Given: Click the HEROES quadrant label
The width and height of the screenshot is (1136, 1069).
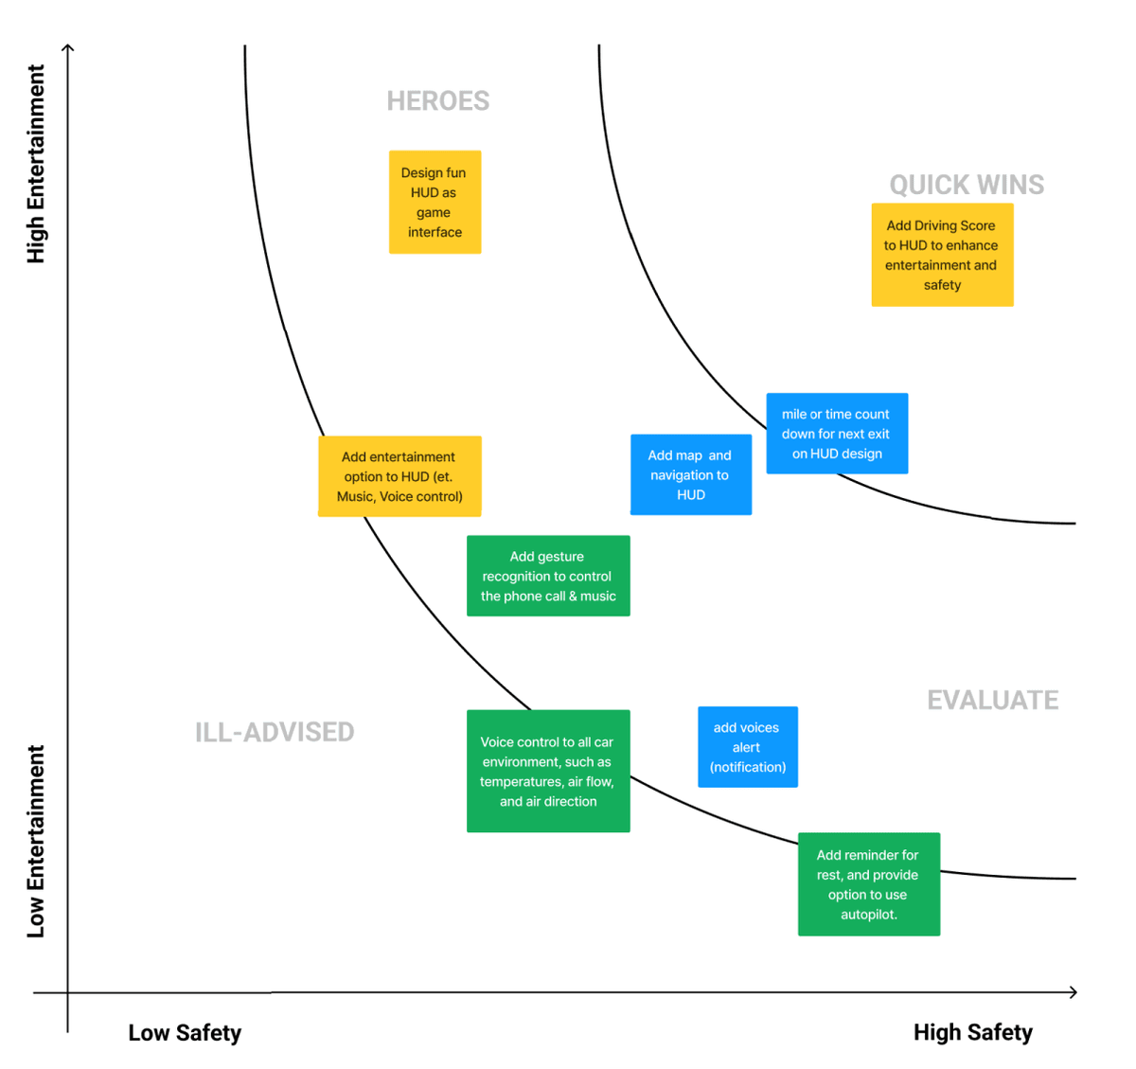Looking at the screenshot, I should (x=437, y=101).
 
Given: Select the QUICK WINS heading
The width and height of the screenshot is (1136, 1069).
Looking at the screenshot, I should (x=967, y=185).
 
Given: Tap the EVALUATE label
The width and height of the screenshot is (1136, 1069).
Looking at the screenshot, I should (x=992, y=700).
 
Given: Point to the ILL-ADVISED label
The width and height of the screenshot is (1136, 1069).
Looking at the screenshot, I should (x=275, y=732).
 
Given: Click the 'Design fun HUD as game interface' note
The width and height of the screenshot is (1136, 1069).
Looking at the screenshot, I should (x=435, y=202).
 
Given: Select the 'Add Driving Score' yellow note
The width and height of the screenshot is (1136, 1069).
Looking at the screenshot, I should (x=942, y=255).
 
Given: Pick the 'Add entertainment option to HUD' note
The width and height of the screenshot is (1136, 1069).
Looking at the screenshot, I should (x=399, y=476).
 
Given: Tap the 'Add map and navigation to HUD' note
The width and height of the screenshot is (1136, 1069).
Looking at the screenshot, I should (x=691, y=474).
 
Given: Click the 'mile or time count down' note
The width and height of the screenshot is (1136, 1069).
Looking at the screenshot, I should (x=837, y=434).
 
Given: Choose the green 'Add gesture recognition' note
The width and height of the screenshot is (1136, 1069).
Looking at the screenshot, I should (x=548, y=576).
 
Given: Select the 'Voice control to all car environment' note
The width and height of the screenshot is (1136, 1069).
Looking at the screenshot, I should (x=548, y=771).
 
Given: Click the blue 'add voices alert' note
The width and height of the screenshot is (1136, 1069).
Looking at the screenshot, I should (x=748, y=747).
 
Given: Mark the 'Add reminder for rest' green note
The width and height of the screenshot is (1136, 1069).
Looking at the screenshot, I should (x=869, y=884).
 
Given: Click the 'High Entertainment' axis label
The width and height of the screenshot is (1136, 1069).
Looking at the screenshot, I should (x=36, y=164).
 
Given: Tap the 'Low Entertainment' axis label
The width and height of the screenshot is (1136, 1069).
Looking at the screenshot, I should (x=36, y=841).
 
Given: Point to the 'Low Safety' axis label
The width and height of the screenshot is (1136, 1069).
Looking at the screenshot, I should (x=185, y=1033).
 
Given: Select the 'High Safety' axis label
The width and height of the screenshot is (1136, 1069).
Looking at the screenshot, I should (x=972, y=1032).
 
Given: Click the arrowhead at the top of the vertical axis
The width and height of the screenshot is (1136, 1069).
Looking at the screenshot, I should (x=68, y=47).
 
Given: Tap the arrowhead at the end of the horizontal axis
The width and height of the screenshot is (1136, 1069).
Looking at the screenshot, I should (x=1074, y=992).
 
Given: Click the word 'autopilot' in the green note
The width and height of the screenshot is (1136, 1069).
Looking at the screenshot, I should (x=868, y=915).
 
